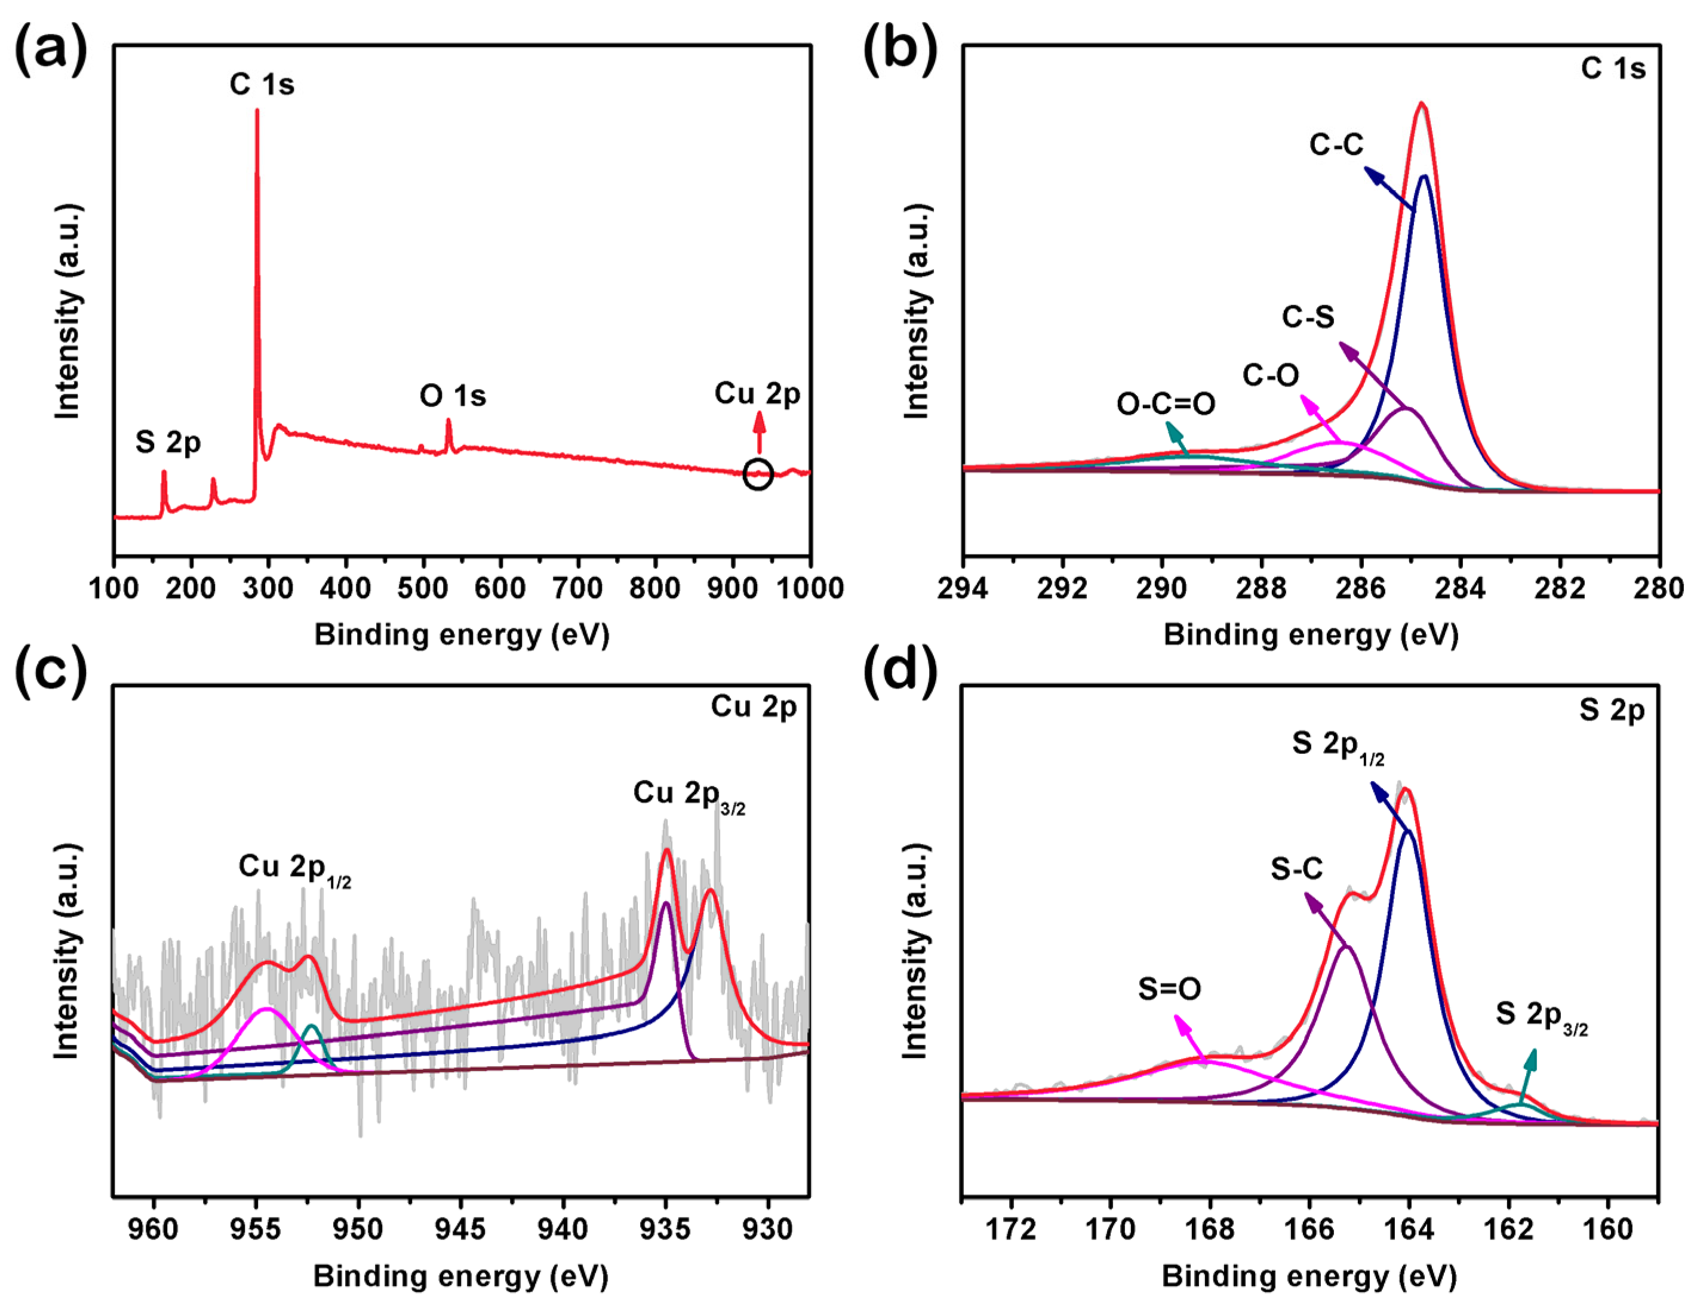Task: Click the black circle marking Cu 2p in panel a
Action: click(x=757, y=474)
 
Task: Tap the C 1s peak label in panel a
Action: click(x=262, y=84)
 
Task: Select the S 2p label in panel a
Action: click(x=168, y=442)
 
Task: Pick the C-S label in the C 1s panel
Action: click(x=1308, y=317)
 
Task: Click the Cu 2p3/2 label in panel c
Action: click(x=689, y=794)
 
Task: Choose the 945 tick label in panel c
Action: click(x=461, y=1229)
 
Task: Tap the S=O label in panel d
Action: click(x=1169, y=989)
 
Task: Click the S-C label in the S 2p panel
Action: click(x=1297, y=869)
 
